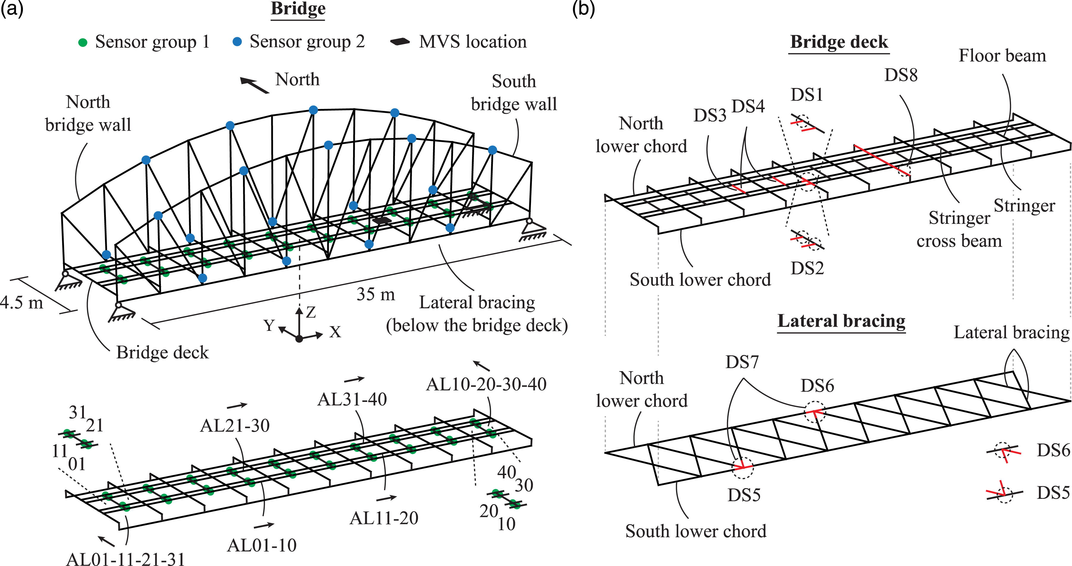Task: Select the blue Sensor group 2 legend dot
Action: [237, 42]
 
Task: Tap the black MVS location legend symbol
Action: [400, 42]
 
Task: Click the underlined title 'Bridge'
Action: [298, 9]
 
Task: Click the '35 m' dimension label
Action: [375, 294]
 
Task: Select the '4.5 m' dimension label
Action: [22, 302]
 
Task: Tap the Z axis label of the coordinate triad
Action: [311, 312]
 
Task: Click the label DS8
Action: [901, 75]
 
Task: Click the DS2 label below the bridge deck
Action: [807, 268]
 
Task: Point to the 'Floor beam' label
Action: [1002, 56]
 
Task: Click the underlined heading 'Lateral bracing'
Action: [841, 321]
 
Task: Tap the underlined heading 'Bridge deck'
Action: [839, 42]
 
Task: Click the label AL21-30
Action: [235, 425]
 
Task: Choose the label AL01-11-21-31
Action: [126, 559]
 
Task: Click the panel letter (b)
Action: [583, 8]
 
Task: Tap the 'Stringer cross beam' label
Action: [959, 229]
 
